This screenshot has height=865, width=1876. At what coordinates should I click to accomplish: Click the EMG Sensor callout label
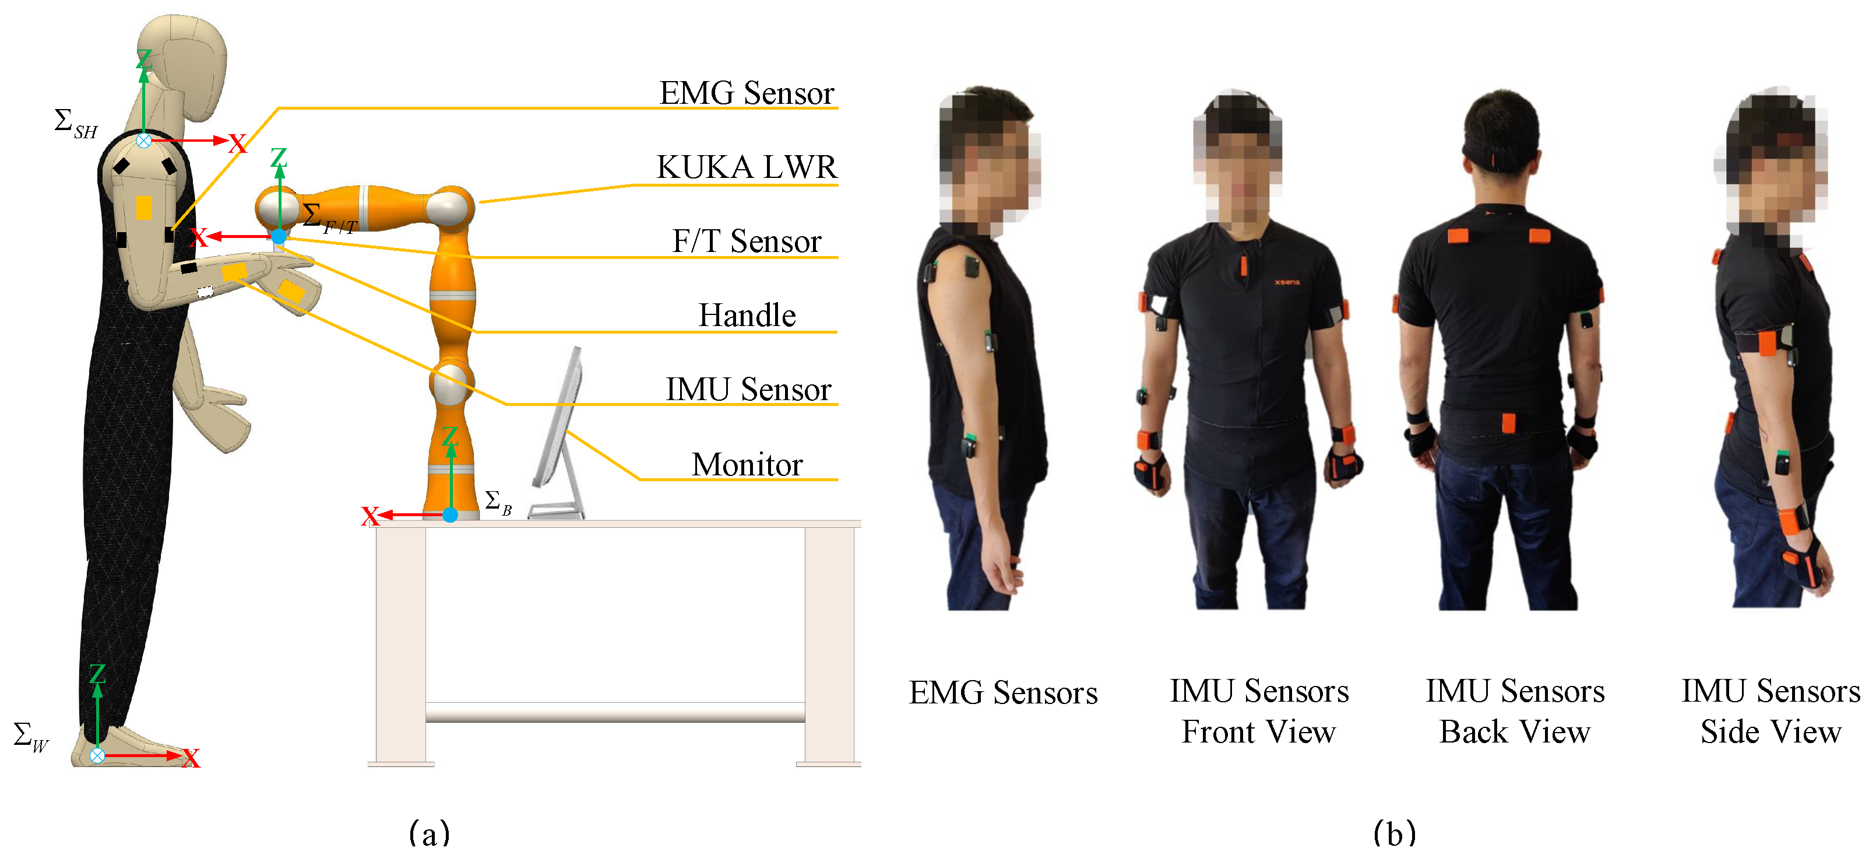click(746, 93)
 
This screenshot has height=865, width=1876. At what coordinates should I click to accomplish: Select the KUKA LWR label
click(747, 167)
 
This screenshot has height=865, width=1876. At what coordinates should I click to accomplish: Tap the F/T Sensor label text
click(747, 241)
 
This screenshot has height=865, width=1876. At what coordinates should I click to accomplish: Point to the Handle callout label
click(747, 316)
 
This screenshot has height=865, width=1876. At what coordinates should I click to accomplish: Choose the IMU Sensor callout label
click(748, 389)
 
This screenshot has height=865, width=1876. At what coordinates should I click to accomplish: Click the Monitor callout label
click(747, 464)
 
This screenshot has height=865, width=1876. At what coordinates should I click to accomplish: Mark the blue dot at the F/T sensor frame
click(279, 236)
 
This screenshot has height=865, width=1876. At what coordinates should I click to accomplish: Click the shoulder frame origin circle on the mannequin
click(144, 141)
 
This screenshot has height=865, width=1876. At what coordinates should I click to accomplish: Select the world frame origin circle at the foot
click(97, 756)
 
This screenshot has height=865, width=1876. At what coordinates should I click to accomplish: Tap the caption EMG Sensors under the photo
click(1003, 692)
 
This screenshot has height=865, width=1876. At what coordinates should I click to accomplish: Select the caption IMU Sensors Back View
click(1515, 710)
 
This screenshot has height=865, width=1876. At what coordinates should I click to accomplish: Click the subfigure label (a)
click(430, 832)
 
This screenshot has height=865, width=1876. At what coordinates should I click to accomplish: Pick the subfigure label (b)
click(1395, 832)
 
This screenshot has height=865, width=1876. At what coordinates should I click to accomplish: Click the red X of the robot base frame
click(370, 517)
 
